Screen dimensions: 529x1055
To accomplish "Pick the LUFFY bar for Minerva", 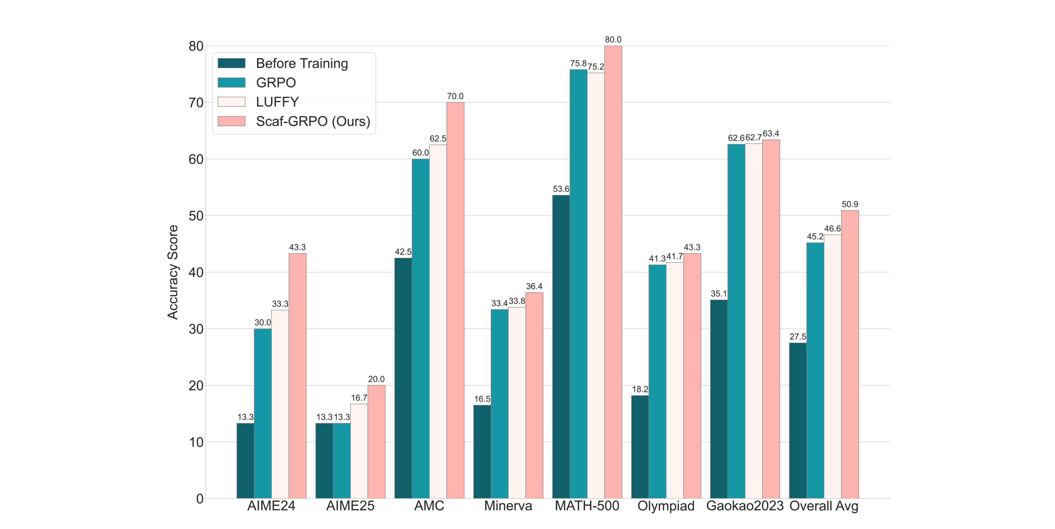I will pyautogui.click(x=517, y=403).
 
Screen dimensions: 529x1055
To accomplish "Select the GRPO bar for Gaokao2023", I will pyautogui.click(x=736, y=321).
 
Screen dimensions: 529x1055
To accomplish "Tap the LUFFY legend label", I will pyautogui.click(x=277, y=102).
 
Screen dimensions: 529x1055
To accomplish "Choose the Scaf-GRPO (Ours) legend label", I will pyautogui.click(x=313, y=121).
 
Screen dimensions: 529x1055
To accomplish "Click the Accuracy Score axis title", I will pyautogui.click(x=173, y=272).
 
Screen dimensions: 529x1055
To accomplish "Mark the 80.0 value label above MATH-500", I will pyautogui.click(x=613, y=40).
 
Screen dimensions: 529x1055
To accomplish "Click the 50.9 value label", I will pyautogui.click(x=850, y=204).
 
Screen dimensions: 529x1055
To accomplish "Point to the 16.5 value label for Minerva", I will pyautogui.click(x=482, y=399).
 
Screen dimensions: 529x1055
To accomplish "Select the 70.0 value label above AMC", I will pyautogui.click(x=455, y=96).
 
